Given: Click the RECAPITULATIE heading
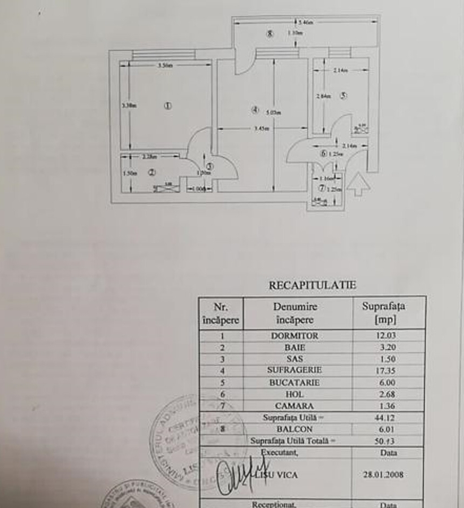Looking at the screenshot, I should point(312,285).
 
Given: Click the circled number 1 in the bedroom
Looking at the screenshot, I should point(168,106).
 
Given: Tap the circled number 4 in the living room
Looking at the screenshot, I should point(255,110).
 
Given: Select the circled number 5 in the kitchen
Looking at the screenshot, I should point(343,95).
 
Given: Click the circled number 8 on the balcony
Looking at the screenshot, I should point(270,33).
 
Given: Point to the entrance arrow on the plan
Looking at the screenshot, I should point(358,185).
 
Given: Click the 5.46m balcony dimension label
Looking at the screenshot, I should point(305,23).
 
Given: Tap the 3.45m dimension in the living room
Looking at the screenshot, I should point(261,129).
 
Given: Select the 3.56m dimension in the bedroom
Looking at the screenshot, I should point(165,65).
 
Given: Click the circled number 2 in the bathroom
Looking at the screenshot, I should point(151,173).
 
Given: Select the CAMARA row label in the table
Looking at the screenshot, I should point(294,406).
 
